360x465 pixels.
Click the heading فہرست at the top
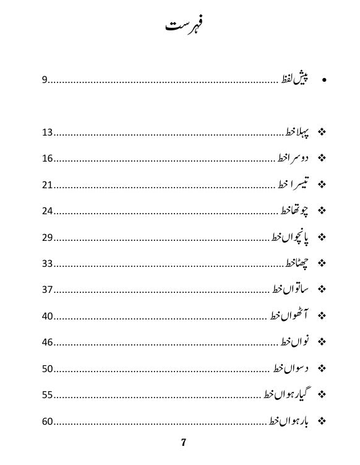pos(184,25)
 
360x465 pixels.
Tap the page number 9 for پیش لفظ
pos(45,80)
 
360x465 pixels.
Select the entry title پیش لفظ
pos(296,79)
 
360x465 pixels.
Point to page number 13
pos(48,133)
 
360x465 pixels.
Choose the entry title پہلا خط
pos(299,132)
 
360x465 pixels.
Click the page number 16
pos(48,159)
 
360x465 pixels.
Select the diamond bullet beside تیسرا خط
pos(322,185)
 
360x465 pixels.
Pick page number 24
pos(48,211)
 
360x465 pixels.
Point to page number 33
pos(48,264)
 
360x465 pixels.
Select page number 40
pos(48,316)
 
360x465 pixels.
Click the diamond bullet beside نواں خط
pos(322,342)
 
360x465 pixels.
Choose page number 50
pos(48,369)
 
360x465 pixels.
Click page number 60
pos(48,422)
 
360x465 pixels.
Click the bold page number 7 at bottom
pos(184,442)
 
